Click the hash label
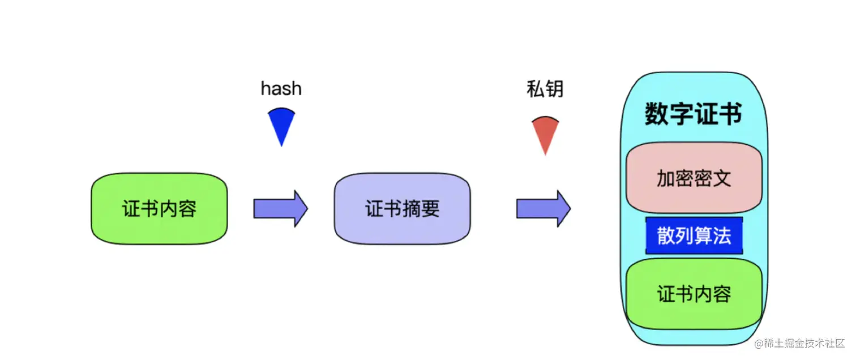(x=281, y=88)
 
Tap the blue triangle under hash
(x=281, y=126)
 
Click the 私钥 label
(x=545, y=89)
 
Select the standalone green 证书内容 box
(x=159, y=208)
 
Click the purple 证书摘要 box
(x=403, y=208)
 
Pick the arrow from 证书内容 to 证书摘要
(x=281, y=209)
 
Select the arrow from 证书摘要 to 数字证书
(x=544, y=209)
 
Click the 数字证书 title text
(x=694, y=114)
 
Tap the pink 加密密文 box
(x=694, y=178)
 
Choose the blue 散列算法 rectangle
(x=694, y=235)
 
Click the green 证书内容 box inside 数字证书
(x=694, y=294)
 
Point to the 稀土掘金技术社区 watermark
(x=799, y=343)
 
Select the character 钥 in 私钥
(x=554, y=89)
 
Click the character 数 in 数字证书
(x=657, y=114)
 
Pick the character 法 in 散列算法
(x=722, y=236)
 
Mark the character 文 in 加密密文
(x=722, y=178)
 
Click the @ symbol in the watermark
(x=759, y=344)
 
